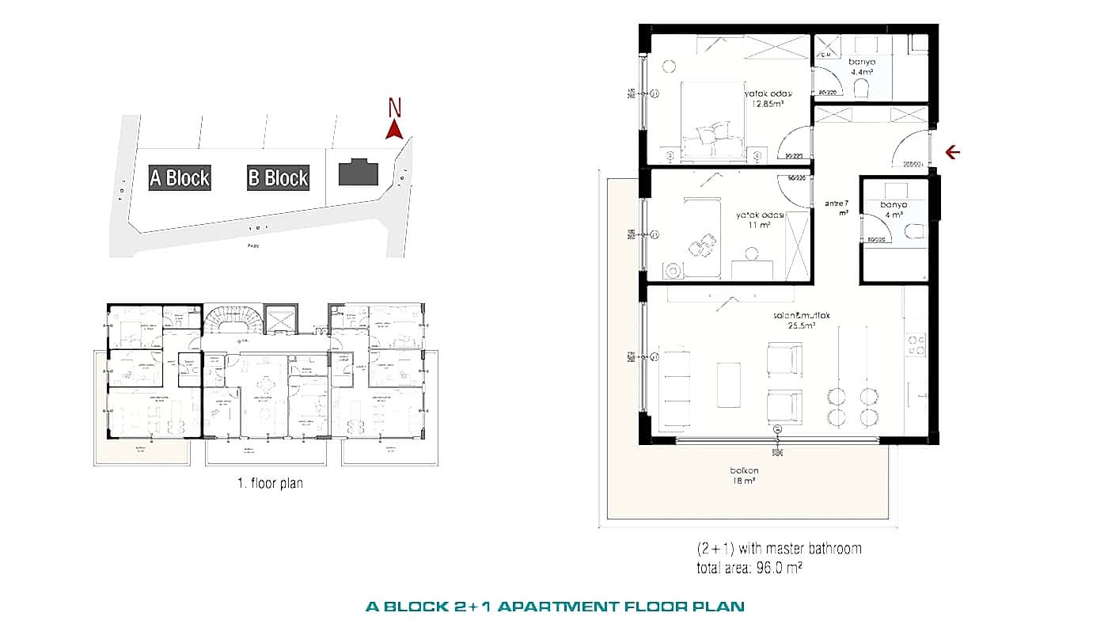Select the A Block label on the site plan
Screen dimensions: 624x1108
[180, 177]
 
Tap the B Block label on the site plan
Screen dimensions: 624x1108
[278, 177]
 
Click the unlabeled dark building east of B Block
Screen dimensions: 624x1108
[359, 173]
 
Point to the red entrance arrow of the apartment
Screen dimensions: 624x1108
[953, 152]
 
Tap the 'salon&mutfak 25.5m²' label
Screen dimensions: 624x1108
[801, 320]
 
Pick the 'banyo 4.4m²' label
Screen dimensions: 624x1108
[861, 66]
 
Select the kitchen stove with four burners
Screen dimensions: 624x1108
[916, 344]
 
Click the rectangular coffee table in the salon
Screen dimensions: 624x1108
[728, 383]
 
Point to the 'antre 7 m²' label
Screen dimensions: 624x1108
[837, 207]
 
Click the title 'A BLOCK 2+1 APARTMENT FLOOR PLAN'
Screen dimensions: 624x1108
[555, 607]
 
